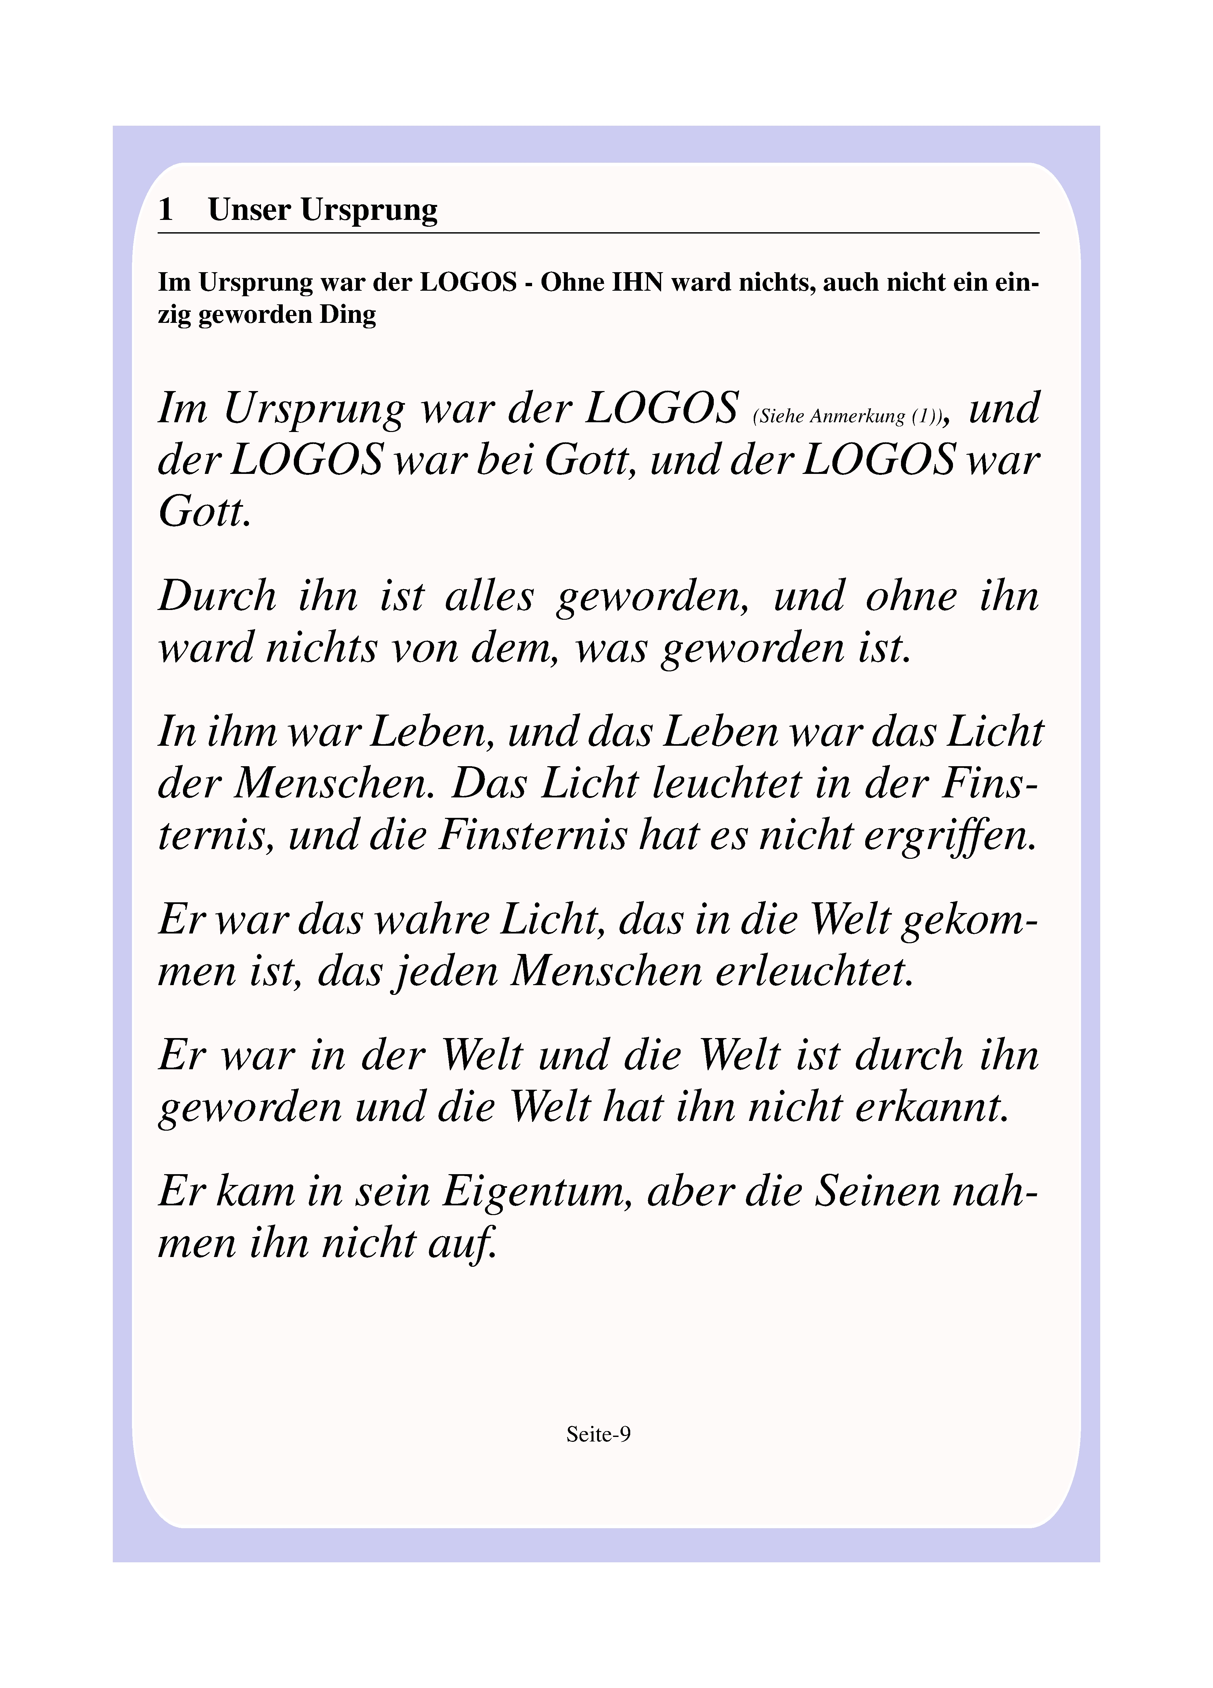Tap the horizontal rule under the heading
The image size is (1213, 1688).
click(x=598, y=233)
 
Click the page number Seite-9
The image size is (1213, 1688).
click(x=598, y=1434)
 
